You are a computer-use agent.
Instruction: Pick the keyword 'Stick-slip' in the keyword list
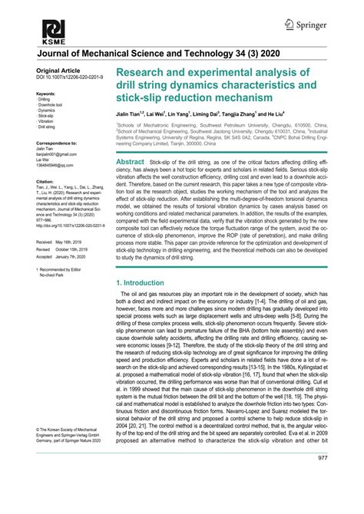[46, 116]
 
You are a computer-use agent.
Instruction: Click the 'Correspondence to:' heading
[56, 143]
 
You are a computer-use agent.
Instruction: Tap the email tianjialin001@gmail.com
[56, 154]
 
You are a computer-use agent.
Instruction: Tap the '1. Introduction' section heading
[141, 283]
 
